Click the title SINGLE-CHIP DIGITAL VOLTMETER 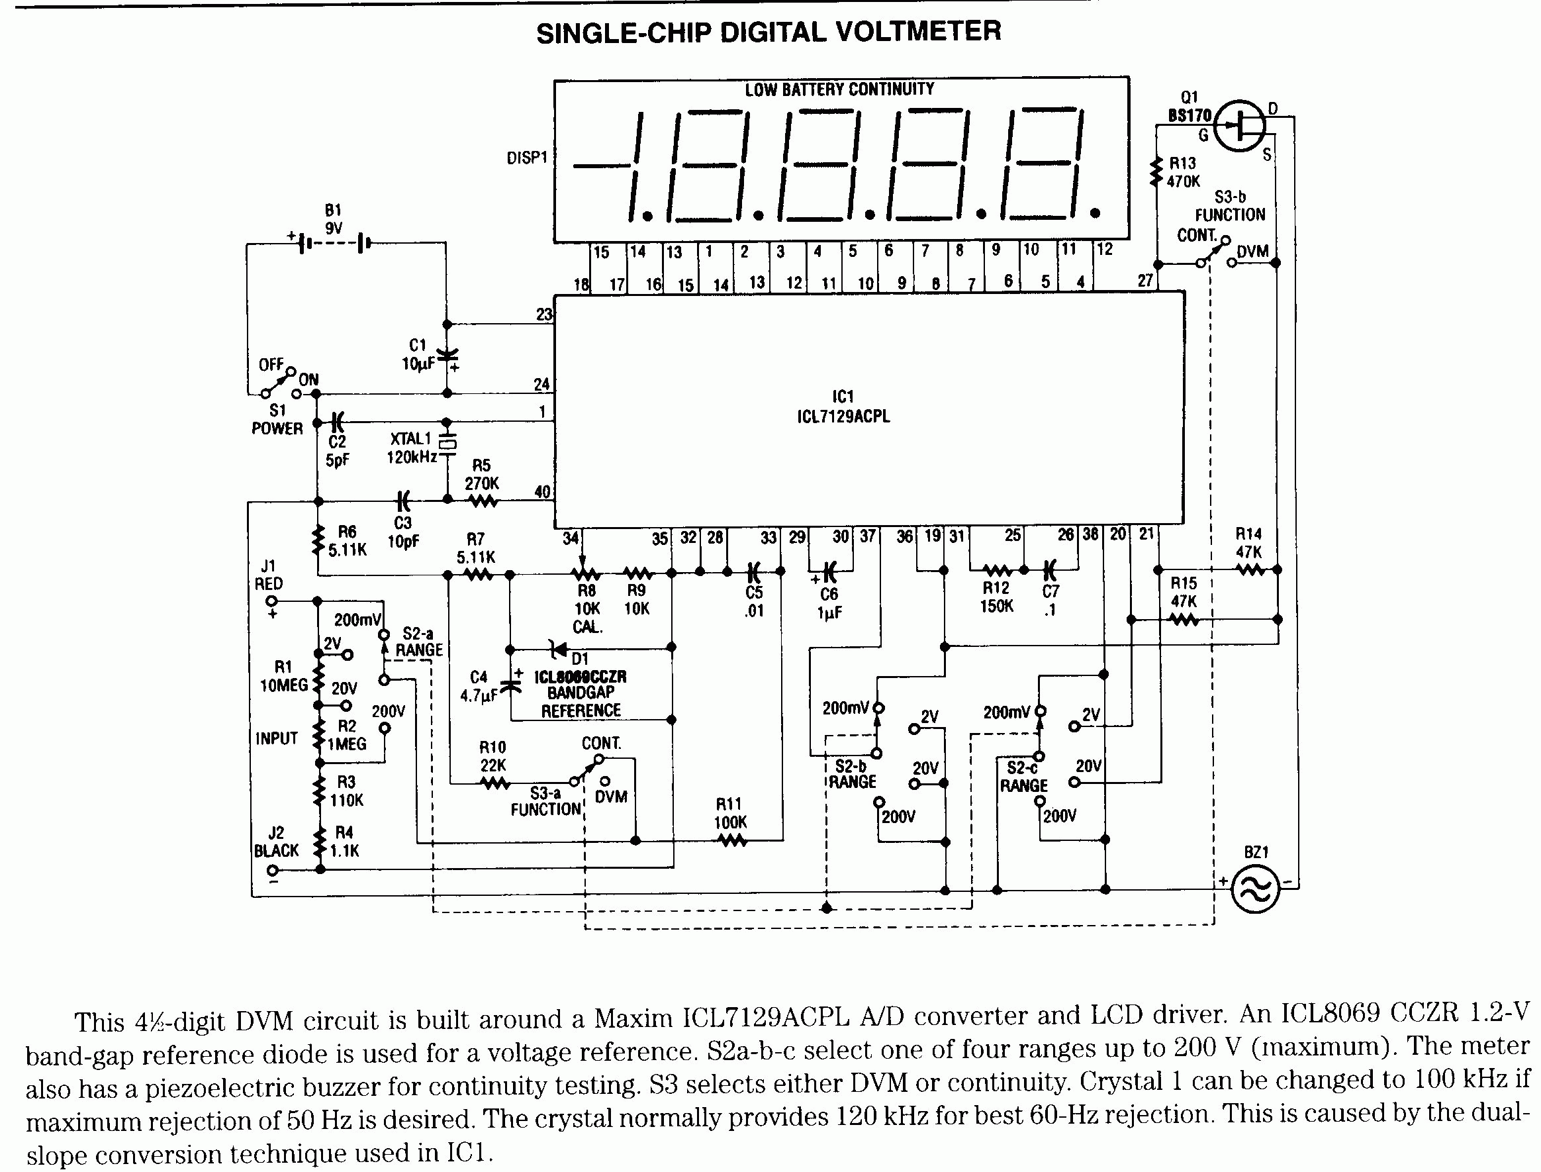pos(769,32)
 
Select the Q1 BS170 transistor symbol pos(1240,126)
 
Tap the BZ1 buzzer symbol pos(1255,889)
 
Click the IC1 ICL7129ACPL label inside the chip pos(843,407)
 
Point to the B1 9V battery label pos(334,219)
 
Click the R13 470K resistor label pos(1184,172)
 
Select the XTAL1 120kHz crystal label pos(412,448)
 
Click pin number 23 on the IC pos(544,315)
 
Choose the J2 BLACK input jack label pos(276,842)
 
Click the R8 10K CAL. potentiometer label pos(587,609)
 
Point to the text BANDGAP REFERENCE pos(581,702)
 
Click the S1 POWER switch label pos(277,419)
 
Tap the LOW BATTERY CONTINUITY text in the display pos(839,90)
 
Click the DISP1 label pos(527,158)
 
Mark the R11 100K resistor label pos(730,813)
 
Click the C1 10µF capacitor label pos(418,354)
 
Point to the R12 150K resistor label pos(996,597)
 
